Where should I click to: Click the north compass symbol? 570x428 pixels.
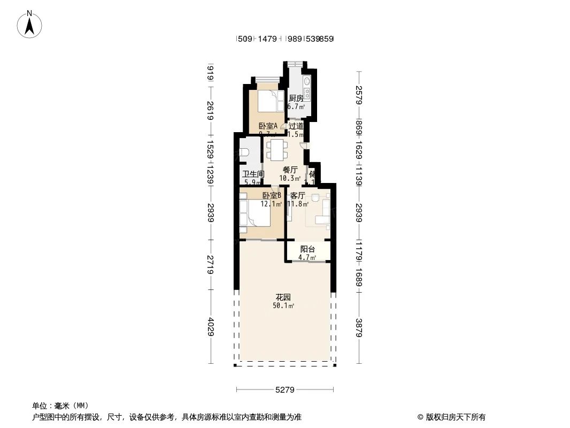(30, 24)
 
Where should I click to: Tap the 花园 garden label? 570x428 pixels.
(283, 297)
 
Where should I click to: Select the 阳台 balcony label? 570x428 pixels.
(307, 249)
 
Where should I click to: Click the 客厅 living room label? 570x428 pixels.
(297, 196)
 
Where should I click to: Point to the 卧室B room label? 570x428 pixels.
(272, 196)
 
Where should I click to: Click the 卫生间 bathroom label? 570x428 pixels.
(253, 174)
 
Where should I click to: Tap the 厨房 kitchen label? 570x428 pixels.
(296, 98)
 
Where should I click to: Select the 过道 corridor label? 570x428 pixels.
(296, 126)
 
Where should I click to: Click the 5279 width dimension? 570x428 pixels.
(285, 389)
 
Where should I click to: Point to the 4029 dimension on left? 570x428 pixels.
(211, 327)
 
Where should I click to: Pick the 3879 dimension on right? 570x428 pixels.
(359, 327)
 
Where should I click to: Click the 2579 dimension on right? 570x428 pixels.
(359, 95)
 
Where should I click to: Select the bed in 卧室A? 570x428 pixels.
(271, 100)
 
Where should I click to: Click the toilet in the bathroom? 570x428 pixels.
(243, 152)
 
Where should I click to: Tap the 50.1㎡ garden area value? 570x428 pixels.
(283, 306)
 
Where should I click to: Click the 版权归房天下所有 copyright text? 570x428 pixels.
(451, 417)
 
